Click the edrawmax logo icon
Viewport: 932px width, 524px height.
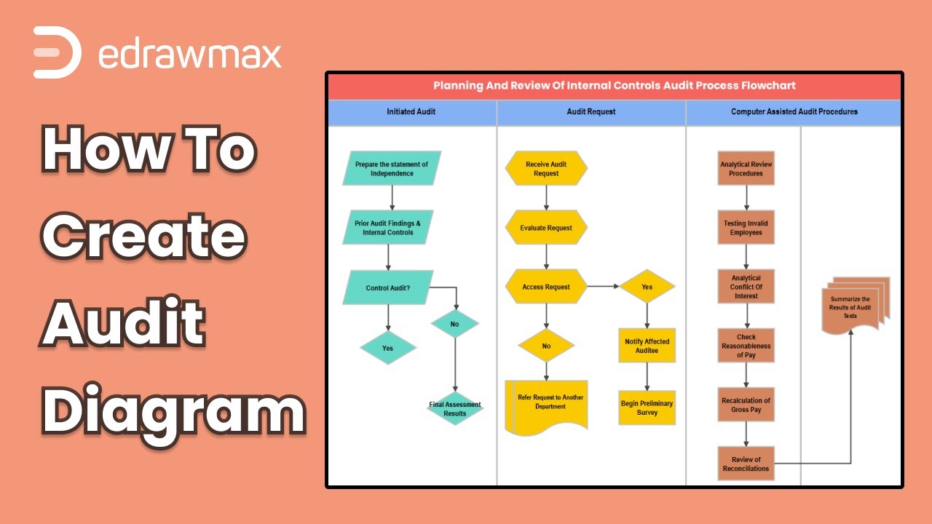point(57,52)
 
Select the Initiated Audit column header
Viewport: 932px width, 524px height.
point(411,112)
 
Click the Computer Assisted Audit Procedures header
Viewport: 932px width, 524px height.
point(794,112)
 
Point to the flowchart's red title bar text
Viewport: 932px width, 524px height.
point(615,86)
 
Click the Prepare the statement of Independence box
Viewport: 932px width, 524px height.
point(392,169)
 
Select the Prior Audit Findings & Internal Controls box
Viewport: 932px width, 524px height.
point(387,228)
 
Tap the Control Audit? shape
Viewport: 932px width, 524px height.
point(387,287)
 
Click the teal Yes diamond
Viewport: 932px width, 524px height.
point(388,348)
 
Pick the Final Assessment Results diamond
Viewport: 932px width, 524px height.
point(455,409)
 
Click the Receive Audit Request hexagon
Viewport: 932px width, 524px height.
point(546,169)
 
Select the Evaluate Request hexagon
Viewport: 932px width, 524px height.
point(546,228)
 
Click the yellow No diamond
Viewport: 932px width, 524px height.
point(546,346)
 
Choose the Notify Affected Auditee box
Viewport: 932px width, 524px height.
point(647,346)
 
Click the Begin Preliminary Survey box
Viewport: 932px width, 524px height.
point(647,408)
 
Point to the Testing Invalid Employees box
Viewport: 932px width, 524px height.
point(746,228)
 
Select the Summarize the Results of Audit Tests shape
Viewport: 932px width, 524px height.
point(852,307)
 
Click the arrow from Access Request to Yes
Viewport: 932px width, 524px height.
point(603,287)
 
